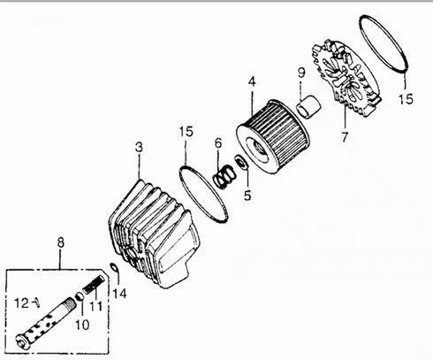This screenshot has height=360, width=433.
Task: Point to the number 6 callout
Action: coord(217,143)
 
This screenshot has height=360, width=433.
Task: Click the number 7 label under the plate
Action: coord(344,137)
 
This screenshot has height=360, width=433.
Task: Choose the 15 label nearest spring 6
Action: coord(185,132)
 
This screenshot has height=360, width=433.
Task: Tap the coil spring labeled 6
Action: coord(225,170)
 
